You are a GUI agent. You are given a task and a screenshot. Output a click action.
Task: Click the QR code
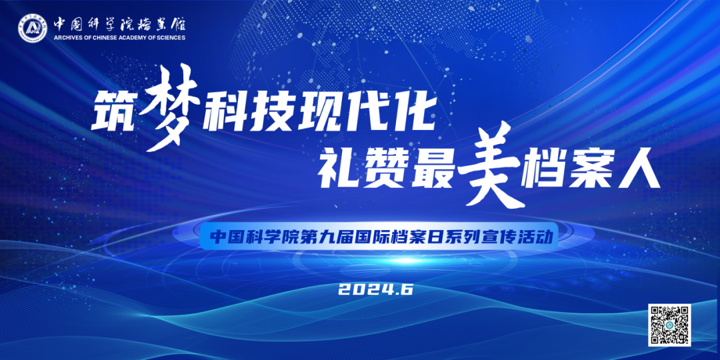pyautogui.click(x=669, y=325)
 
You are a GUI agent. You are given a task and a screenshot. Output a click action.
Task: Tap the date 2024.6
pyautogui.click(x=377, y=289)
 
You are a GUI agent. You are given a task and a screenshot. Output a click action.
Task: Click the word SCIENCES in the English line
pyautogui.click(x=169, y=38)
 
